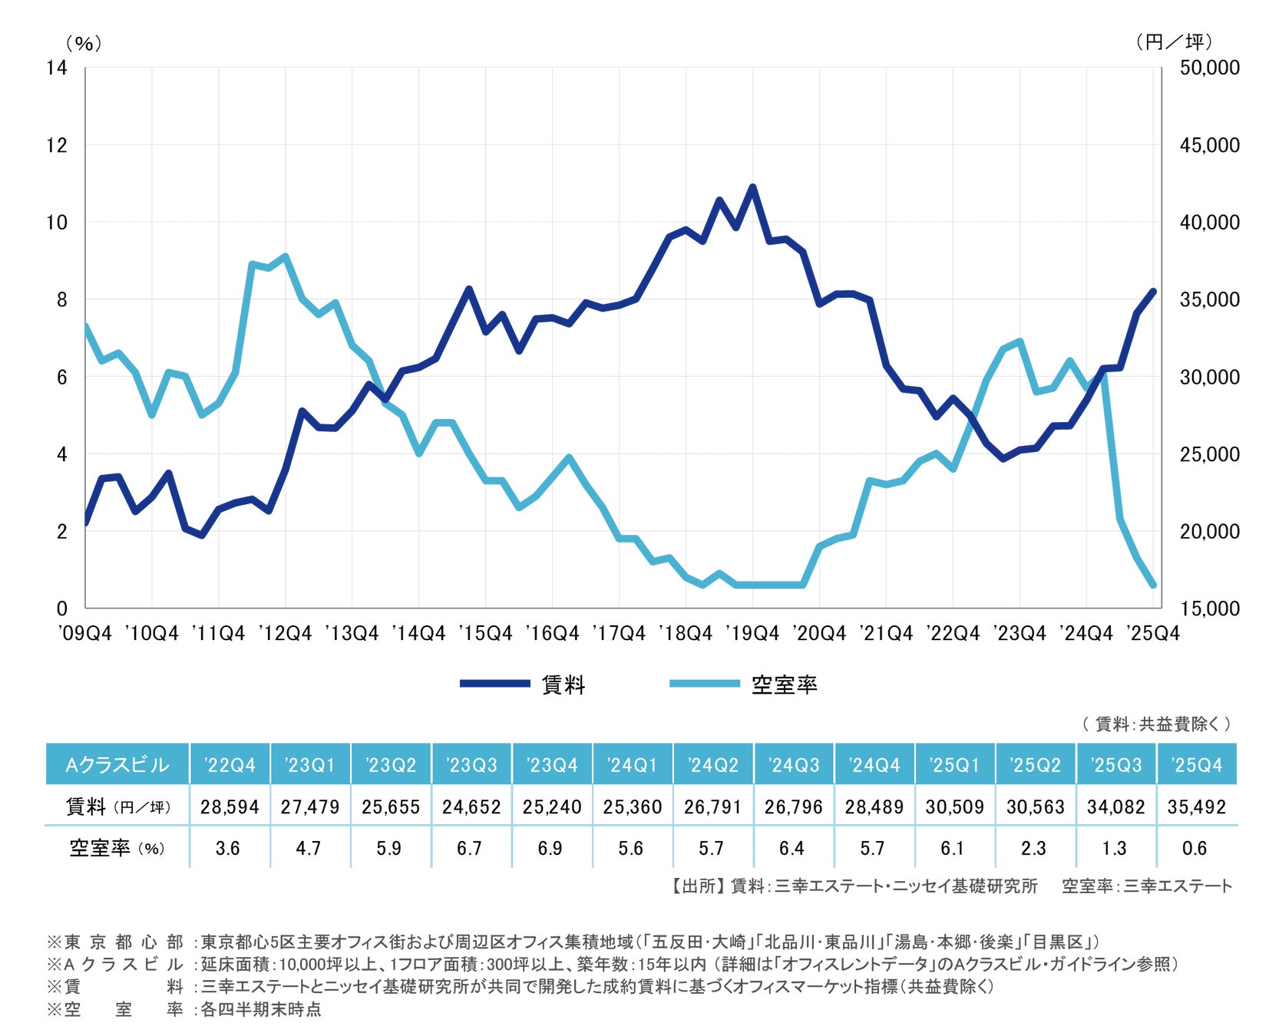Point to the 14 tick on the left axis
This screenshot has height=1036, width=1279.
(x=57, y=68)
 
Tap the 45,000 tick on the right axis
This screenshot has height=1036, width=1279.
(x=1209, y=145)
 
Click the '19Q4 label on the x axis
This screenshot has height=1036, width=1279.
(x=752, y=633)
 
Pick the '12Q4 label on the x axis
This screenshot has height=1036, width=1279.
(x=285, y=633)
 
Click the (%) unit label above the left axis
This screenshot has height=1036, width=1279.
(x=83, y=43)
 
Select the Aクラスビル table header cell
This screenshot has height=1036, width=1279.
(x=117, y=764)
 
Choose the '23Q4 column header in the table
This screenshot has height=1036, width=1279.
(x=552, y=764)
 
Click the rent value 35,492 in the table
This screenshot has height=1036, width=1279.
(x=1196, y=807)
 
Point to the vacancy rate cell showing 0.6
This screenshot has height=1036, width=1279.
(x=1195, y=848)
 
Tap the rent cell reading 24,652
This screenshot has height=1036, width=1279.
(x=471, y=807)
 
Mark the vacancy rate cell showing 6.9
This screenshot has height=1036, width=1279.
(x=550, y=848)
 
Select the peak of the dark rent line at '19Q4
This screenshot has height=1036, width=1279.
(x=752, y=187)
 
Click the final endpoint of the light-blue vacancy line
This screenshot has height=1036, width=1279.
(x=1153, y=585)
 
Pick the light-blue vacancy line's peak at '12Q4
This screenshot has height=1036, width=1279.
(x=286, y=257)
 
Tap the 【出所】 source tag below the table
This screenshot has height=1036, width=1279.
(x=695, y=886)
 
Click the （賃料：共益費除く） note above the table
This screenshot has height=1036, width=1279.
(x=1155, y=723)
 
